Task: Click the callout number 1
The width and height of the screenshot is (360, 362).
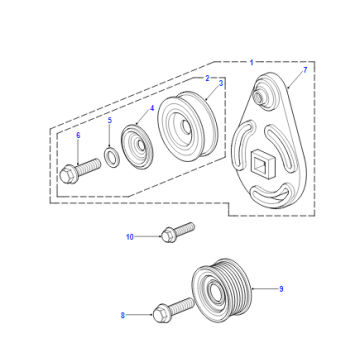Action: click(252, 62)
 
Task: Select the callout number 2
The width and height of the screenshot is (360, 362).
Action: click(207, 78)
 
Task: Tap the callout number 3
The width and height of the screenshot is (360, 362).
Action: click(221, 84)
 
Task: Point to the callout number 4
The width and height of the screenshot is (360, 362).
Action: click(152, 108)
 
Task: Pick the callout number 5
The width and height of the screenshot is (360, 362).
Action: click(110, 121)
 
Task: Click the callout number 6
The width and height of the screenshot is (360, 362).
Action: click(78, 135)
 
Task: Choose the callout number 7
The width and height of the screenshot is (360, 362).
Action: click(305, 70)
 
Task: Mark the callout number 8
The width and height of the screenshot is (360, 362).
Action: click(123, 315)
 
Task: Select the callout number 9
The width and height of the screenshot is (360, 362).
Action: click(281, 289)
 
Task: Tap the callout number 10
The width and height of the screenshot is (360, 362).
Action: click(130, 237)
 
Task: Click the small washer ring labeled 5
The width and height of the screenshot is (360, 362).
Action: click(111, 158)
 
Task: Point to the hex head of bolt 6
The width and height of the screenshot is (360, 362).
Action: click(68, 175)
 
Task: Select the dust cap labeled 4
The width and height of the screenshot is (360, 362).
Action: click(137, 147)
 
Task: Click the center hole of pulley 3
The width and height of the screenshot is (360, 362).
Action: click(185, 127)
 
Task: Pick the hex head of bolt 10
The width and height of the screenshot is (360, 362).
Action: click(168, 235)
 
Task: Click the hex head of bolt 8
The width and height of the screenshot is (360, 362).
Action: click(160, 314)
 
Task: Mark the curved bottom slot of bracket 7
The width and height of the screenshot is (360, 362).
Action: click(271, 196)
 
